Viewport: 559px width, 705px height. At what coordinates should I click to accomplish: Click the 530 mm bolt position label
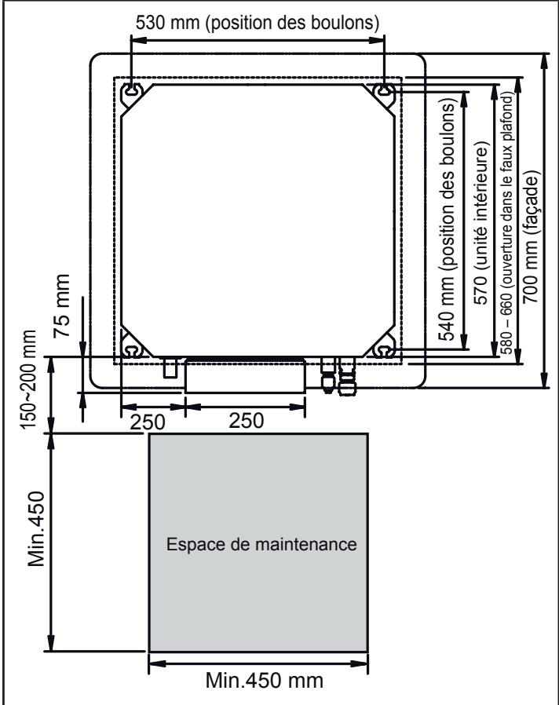(x=258, y=23)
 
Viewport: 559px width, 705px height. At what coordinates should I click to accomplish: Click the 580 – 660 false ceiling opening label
(x=506, y=228)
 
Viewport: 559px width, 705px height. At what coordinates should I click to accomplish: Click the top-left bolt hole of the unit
(x=131, y=91)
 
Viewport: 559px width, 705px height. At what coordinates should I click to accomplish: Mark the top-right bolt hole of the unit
(x=383, y=91)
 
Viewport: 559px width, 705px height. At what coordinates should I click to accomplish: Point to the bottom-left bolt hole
(x=131, y=349)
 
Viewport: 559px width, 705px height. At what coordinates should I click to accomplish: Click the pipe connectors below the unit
(x=335, y=373)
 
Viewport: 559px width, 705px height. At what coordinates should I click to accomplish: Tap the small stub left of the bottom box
(x=170, y=367)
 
